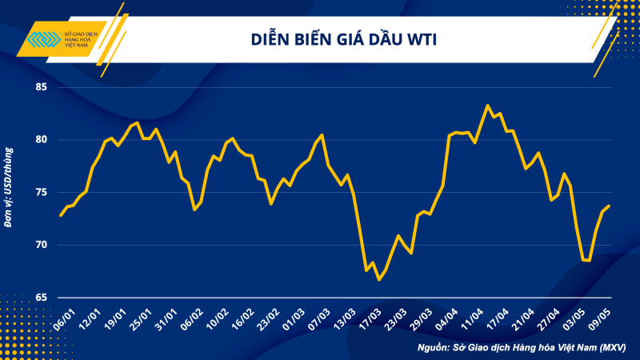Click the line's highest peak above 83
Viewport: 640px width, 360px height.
coord(487,106)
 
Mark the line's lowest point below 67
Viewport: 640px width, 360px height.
coord(378,279)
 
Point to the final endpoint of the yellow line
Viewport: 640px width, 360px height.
coord(609,206)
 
